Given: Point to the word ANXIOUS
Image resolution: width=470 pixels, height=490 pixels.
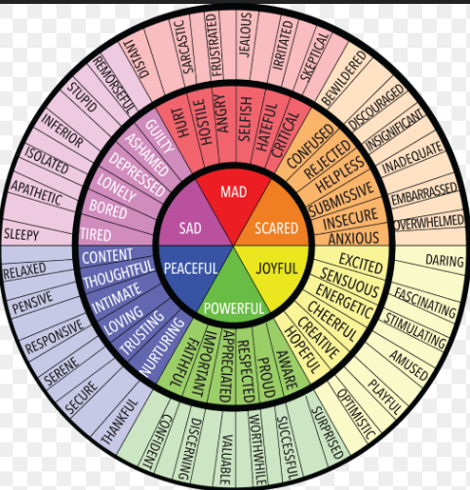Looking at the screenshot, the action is [x=354, y=239].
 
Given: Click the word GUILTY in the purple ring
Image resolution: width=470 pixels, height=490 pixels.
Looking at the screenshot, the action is [x=160, y=136].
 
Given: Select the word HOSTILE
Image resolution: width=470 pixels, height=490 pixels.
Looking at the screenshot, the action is [x=203, y=122].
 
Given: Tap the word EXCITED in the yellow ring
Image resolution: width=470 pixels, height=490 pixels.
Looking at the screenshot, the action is [x=361, y=263].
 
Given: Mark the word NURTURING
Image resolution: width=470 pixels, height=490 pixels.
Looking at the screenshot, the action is [x=162, y=347].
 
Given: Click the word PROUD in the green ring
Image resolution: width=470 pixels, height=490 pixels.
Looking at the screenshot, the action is [x=266, y=378].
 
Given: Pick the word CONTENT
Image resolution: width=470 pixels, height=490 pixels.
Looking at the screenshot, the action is [x=107, y=256].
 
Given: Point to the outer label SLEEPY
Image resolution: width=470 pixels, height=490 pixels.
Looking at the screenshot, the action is [x=21, y=234].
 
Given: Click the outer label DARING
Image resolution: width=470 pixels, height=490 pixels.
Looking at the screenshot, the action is [x=445, y=261].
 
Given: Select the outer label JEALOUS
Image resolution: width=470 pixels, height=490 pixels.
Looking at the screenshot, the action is [x=246, y=35].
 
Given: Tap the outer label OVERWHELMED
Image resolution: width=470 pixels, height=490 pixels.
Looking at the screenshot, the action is [x=429, y=222].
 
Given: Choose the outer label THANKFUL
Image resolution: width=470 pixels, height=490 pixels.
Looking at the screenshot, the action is [x=120, y=422].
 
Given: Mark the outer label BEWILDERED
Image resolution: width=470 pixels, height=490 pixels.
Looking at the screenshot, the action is [x=343, y=79].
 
